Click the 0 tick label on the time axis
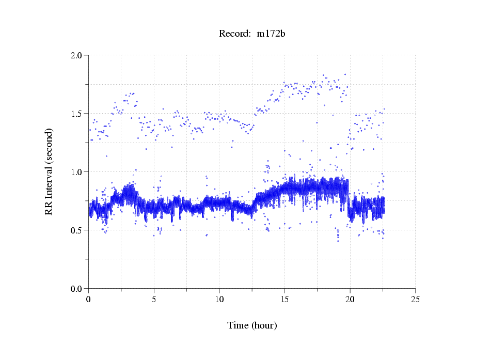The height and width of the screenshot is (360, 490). click(88, 299)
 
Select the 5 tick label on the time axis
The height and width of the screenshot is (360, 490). click(154, 299)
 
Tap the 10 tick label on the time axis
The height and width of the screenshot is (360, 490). click(219, 299)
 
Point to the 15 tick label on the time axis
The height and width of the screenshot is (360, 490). click(284, 299)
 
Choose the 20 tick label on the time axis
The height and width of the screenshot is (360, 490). click(350, 299)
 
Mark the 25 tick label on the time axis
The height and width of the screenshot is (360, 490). click(415, 299)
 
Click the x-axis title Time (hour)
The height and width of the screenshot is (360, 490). click(252, 325)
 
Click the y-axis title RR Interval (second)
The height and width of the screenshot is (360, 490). click(49, 171)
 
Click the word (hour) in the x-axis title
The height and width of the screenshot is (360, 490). click(263, 325)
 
